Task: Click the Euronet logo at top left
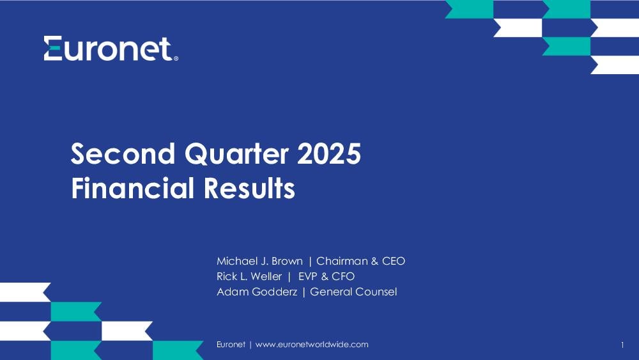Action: pyautogui.click(x=111, y=49)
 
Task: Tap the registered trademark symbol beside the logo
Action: pyautogui.click(x=176, y=59)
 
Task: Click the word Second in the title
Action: pyautogui.click(x=123, y=153)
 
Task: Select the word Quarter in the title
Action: pyautogui.click(x=237, y=155)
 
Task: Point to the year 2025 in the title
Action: pyautogui.click(x=329, y=153)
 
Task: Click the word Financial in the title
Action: pyautogui.click(x=132, y=188)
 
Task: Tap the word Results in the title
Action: pyautogui.click(x=249, y=188)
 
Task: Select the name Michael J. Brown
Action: pyautogui.click(x=259, y=261)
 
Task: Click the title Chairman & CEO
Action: pyautogui.click(x=360, y=261)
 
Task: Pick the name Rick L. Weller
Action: pyautogui.click(x=249, y=276)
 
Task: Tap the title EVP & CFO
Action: pyautogui.click(x=327, y=276)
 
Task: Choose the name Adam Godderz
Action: pyautogui.click(x=257, y=292)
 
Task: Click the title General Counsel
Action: pyautogui.click(x=353, y=292)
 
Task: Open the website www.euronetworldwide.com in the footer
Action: pyautogui.click(x=312, y=345)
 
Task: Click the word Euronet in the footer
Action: pyautogui.click(x=231, y=345)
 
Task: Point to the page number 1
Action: pyautogui.click(x=622, y=345)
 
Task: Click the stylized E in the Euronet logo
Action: pyautogui.click(x=53, y=49)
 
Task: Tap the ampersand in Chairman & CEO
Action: pyautogui.click(x=374, y=261)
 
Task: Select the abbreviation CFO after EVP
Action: pyautogui.click(x=343, y=276)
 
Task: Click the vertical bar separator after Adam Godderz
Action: pyautogui.click(x=304, y=292)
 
